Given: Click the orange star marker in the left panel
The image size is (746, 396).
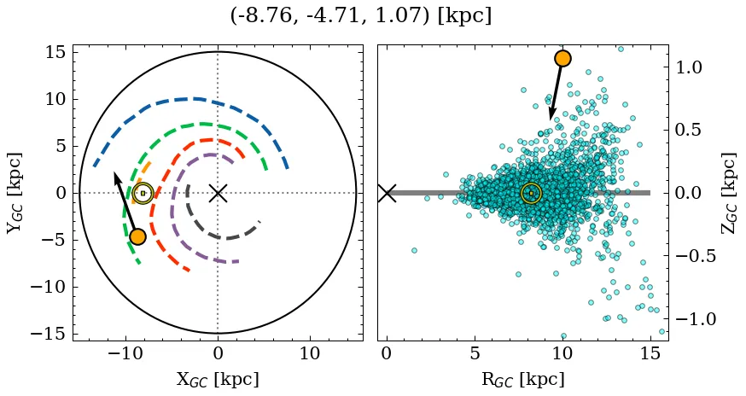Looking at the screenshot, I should pos(137,236).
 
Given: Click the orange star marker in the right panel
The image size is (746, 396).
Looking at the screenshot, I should pos(562,58).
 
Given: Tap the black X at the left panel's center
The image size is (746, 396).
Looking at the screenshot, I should pos(218,193).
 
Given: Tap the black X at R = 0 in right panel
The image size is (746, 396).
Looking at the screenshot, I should pos(387,193).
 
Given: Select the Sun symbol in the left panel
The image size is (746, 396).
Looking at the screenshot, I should pos(143,193).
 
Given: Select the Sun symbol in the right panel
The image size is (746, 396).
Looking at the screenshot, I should pos(531,193).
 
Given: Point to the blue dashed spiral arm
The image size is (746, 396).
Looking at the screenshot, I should pos(196,99).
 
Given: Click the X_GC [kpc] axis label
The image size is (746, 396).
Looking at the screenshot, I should pos(218,379).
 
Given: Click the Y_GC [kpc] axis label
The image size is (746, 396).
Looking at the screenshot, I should pos(15,193).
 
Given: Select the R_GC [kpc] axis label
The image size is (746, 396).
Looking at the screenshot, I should pos(522,379).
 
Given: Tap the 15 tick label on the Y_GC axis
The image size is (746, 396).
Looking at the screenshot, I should pos(55,52).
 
